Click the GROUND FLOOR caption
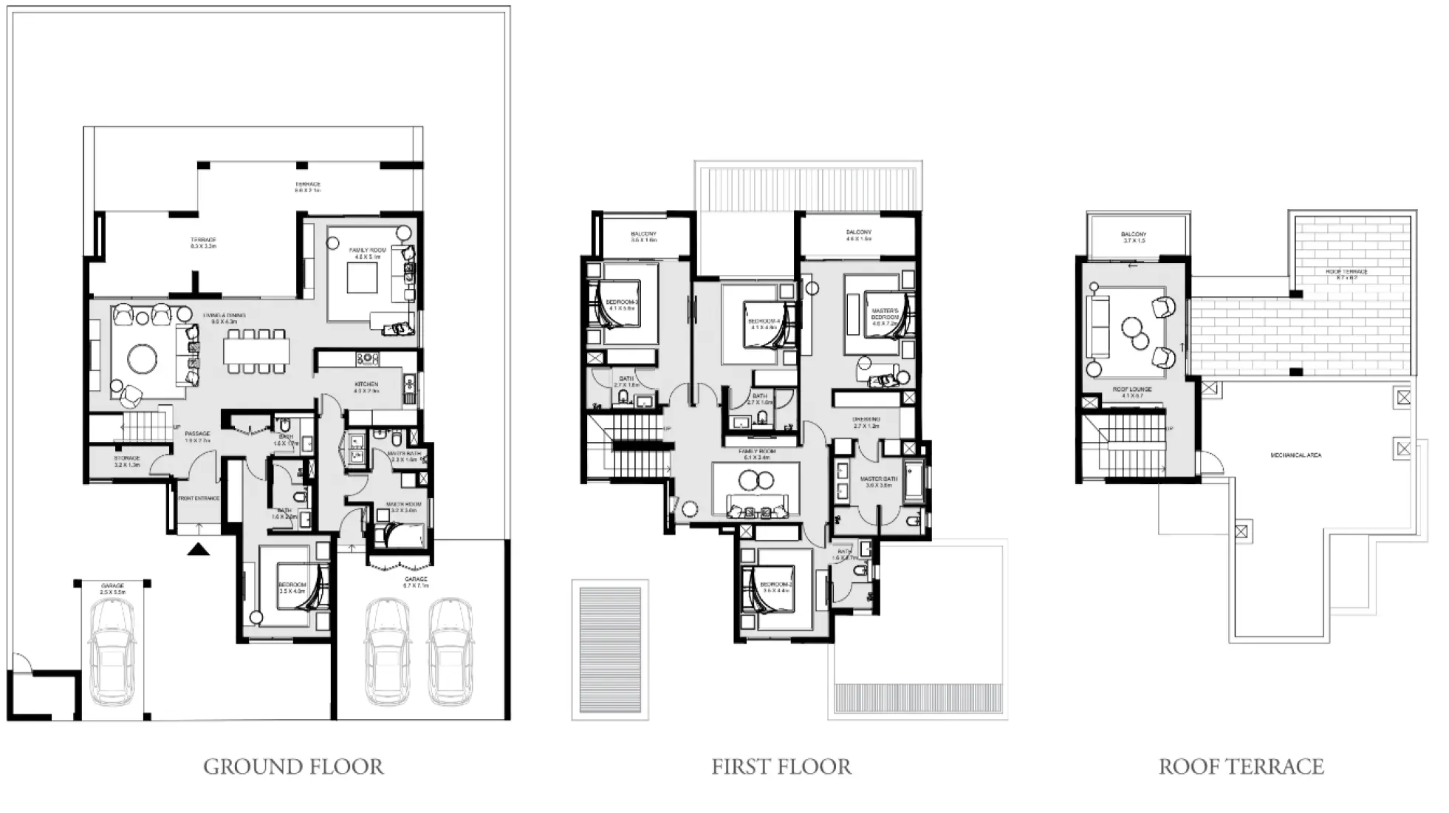[x=293, y=767]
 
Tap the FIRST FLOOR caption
[x=781, y=767]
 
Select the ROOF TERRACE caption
[x=1241, y=767]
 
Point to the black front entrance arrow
[x=198, y=548]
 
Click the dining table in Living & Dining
[x=256, y=351]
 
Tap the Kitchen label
[x=366, y=387]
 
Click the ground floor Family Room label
[x=367, y=254]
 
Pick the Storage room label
[x=127, y=461]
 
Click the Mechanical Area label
[x=1296, y=455]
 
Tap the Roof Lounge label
[x=1132, y=392]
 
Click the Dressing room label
[x=866, y=422]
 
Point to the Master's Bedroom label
[x=885, y=316]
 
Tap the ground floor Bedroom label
[x=292, y=588]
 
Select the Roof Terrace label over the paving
[x=1346, y=274]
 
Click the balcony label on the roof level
[x=1134, y=237]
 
